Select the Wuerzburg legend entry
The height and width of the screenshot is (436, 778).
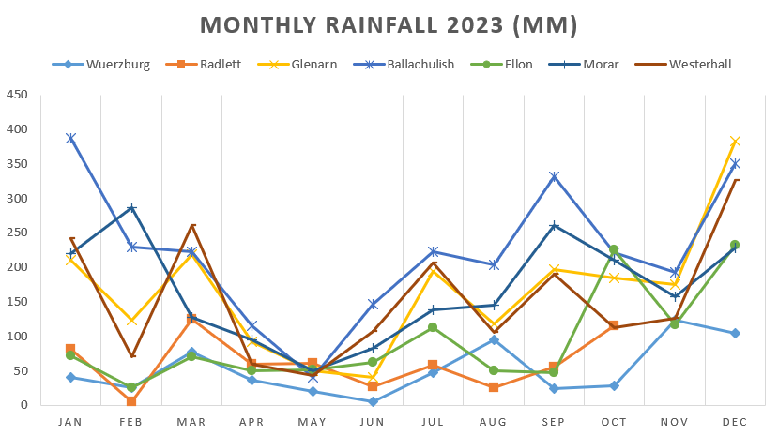coord(117,64)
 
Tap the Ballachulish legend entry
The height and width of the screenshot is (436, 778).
coord(418,64)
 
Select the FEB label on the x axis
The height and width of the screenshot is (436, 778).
coord(130,422)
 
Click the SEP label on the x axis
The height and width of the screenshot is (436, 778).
coord(555,422)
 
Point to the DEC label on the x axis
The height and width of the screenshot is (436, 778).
coord(736,422)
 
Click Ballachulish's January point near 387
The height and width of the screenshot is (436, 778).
coord(70,138)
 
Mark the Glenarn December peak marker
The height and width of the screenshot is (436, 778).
coord(736,141)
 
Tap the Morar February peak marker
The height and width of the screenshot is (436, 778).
coord(131,207)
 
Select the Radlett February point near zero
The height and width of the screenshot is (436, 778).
coord(131,401)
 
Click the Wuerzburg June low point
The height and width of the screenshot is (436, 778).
coord(373,401)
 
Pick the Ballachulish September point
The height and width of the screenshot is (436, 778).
coord(555,176)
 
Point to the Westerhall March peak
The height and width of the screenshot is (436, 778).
coord(191,225)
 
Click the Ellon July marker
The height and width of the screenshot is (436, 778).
coord(434,327)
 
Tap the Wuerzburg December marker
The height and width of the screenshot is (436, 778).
coord(736,333)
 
